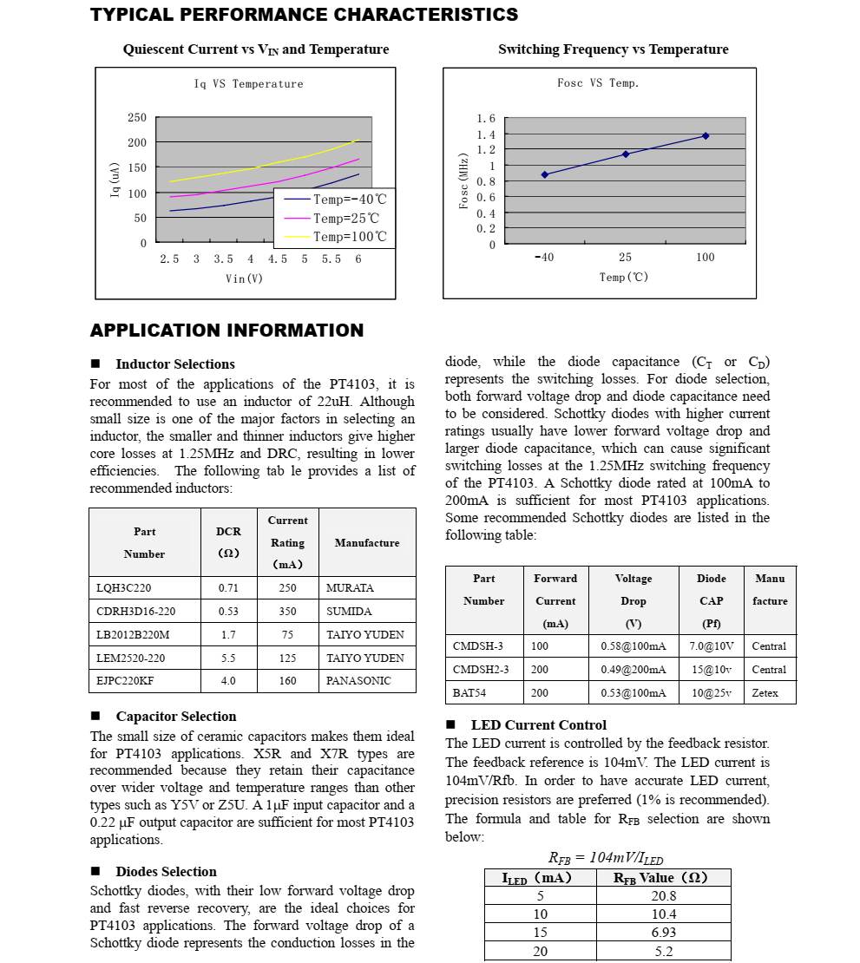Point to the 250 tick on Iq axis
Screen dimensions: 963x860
(137, 117)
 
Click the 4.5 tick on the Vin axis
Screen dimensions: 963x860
(277, 259)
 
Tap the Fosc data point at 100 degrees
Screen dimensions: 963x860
(706, 135)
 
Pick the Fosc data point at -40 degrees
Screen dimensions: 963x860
(544, 174)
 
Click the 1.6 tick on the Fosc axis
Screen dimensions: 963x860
(486, 118)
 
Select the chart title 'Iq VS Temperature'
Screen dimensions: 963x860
(248, 84)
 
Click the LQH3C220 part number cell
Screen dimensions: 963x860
(123, 588)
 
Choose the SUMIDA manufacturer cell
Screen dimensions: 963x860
(349, 612)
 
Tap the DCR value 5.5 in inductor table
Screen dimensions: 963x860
(228, 658)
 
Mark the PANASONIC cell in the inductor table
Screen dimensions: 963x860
(358, 681)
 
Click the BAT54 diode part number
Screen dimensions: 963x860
(469, 692)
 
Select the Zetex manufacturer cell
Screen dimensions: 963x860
(765, 692)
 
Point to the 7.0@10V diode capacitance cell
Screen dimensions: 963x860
(712, 646)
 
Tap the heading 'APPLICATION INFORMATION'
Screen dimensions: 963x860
(226, 331)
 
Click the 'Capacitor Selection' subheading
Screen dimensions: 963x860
(176, 717)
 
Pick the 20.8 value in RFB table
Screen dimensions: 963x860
(663, 896)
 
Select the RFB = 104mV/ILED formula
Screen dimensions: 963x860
(606, 858)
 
